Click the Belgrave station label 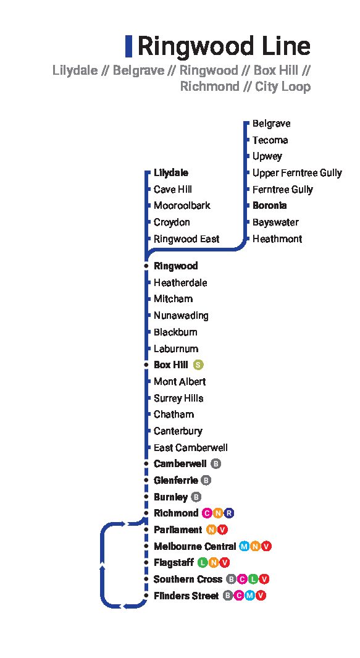point(271,124)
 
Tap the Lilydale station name point(171,172)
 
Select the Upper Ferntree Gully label point(297,173)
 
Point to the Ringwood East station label point(186,238)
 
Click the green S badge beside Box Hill point(198,365)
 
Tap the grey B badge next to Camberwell point(216,464)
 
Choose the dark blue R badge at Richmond point(228,513)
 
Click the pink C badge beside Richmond point(207,513)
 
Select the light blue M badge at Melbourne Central point(244,546)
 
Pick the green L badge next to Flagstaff point(203,562)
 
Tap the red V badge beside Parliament point(222,530)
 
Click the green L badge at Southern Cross point(253,579)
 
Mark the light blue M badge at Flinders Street point(249,596)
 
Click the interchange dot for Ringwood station point(146,266)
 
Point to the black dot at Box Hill point(146,365)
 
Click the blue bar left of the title point(129,46)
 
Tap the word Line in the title point(286,46)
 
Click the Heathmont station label point(277,238)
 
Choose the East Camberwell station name point(190,447)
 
